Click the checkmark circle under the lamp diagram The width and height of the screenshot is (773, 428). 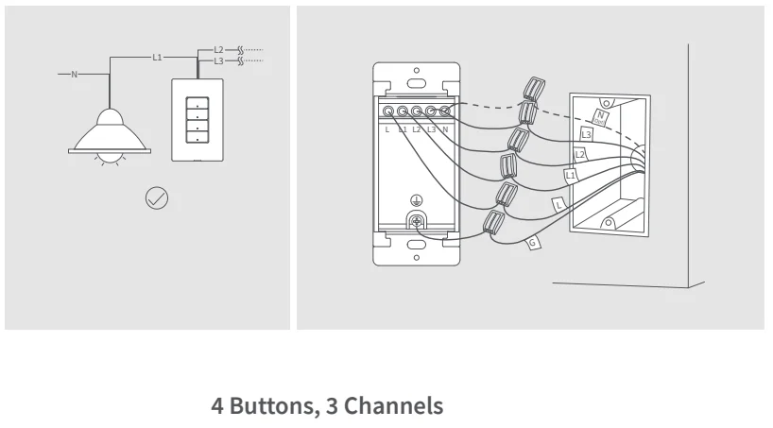click(157, 198)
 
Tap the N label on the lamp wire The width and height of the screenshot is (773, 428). click(75, 74)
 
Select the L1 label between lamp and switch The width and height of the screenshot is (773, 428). click(158, 58)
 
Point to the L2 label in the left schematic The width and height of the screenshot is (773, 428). click(218, 49)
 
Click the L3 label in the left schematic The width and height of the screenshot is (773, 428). click(218, 61)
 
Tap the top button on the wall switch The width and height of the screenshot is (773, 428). click(197, 103)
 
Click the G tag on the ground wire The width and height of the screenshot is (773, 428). click(533, 244)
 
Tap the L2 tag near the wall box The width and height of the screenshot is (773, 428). click(580, 154)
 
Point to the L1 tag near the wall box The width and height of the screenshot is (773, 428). click(571, 176)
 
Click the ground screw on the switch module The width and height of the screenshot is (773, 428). click(415, 222)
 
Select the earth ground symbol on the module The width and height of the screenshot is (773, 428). click(415, 199)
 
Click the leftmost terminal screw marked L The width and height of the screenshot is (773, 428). click(387, 111)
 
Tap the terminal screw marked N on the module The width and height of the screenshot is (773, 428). click(444, 111)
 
